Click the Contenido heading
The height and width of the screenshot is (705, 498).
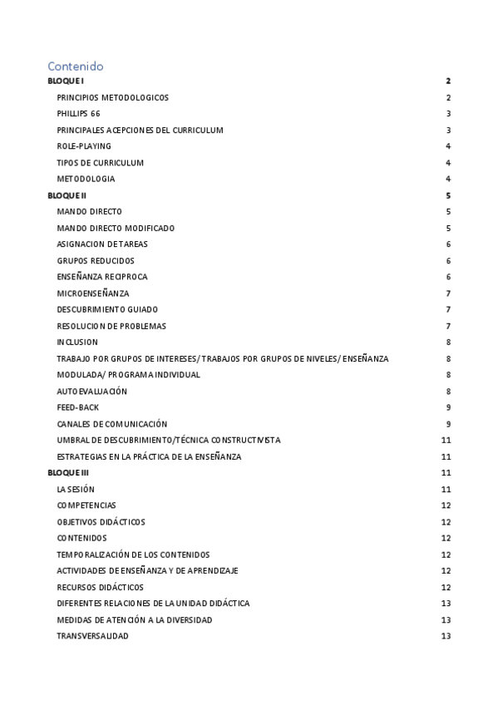click(76, 66)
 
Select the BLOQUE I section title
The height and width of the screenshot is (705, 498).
click(66, 81)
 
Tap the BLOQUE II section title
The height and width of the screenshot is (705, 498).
click(67, 195)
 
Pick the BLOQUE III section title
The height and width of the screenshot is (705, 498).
click(69, 473)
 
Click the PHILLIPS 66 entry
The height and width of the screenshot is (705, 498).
click(79, 114)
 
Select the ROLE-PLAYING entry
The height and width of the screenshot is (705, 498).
click(84, 146)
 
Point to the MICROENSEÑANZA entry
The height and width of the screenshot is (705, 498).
click(93, 293)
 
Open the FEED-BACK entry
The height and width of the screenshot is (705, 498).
click(79, 407)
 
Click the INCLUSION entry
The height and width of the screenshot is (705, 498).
click(77, 342)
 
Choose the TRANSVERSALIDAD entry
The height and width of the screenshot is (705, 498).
click(93, 636)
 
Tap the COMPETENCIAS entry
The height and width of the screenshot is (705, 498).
click(86, 505)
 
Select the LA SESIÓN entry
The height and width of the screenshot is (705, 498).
click(76, 489)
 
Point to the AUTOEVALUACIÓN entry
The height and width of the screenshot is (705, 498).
click(92, 391)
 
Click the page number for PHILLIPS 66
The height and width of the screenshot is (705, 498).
click(448, 114)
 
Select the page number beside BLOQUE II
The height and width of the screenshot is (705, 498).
click(448, 195)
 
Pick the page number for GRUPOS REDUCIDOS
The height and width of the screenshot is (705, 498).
click(448, 261)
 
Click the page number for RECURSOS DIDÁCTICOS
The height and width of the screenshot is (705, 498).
click(446, 587)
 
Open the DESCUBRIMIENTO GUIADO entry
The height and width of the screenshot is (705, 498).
click(107, 309)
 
